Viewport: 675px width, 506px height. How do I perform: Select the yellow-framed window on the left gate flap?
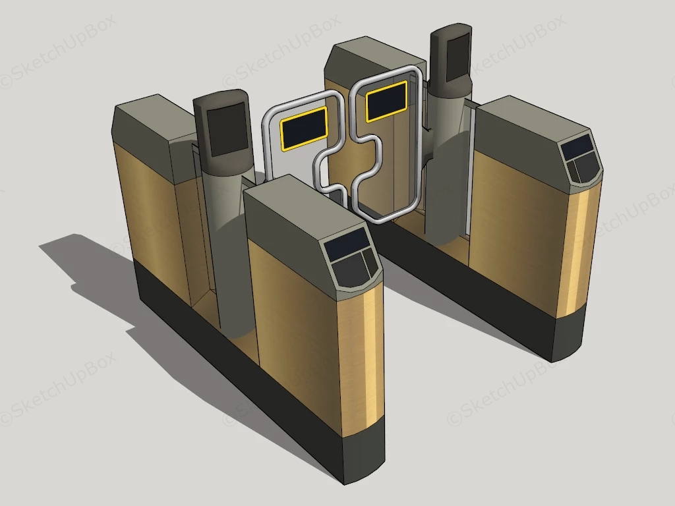305,126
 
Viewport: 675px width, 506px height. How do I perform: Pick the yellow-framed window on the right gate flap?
386,101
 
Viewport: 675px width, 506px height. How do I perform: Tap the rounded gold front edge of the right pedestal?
580,250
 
